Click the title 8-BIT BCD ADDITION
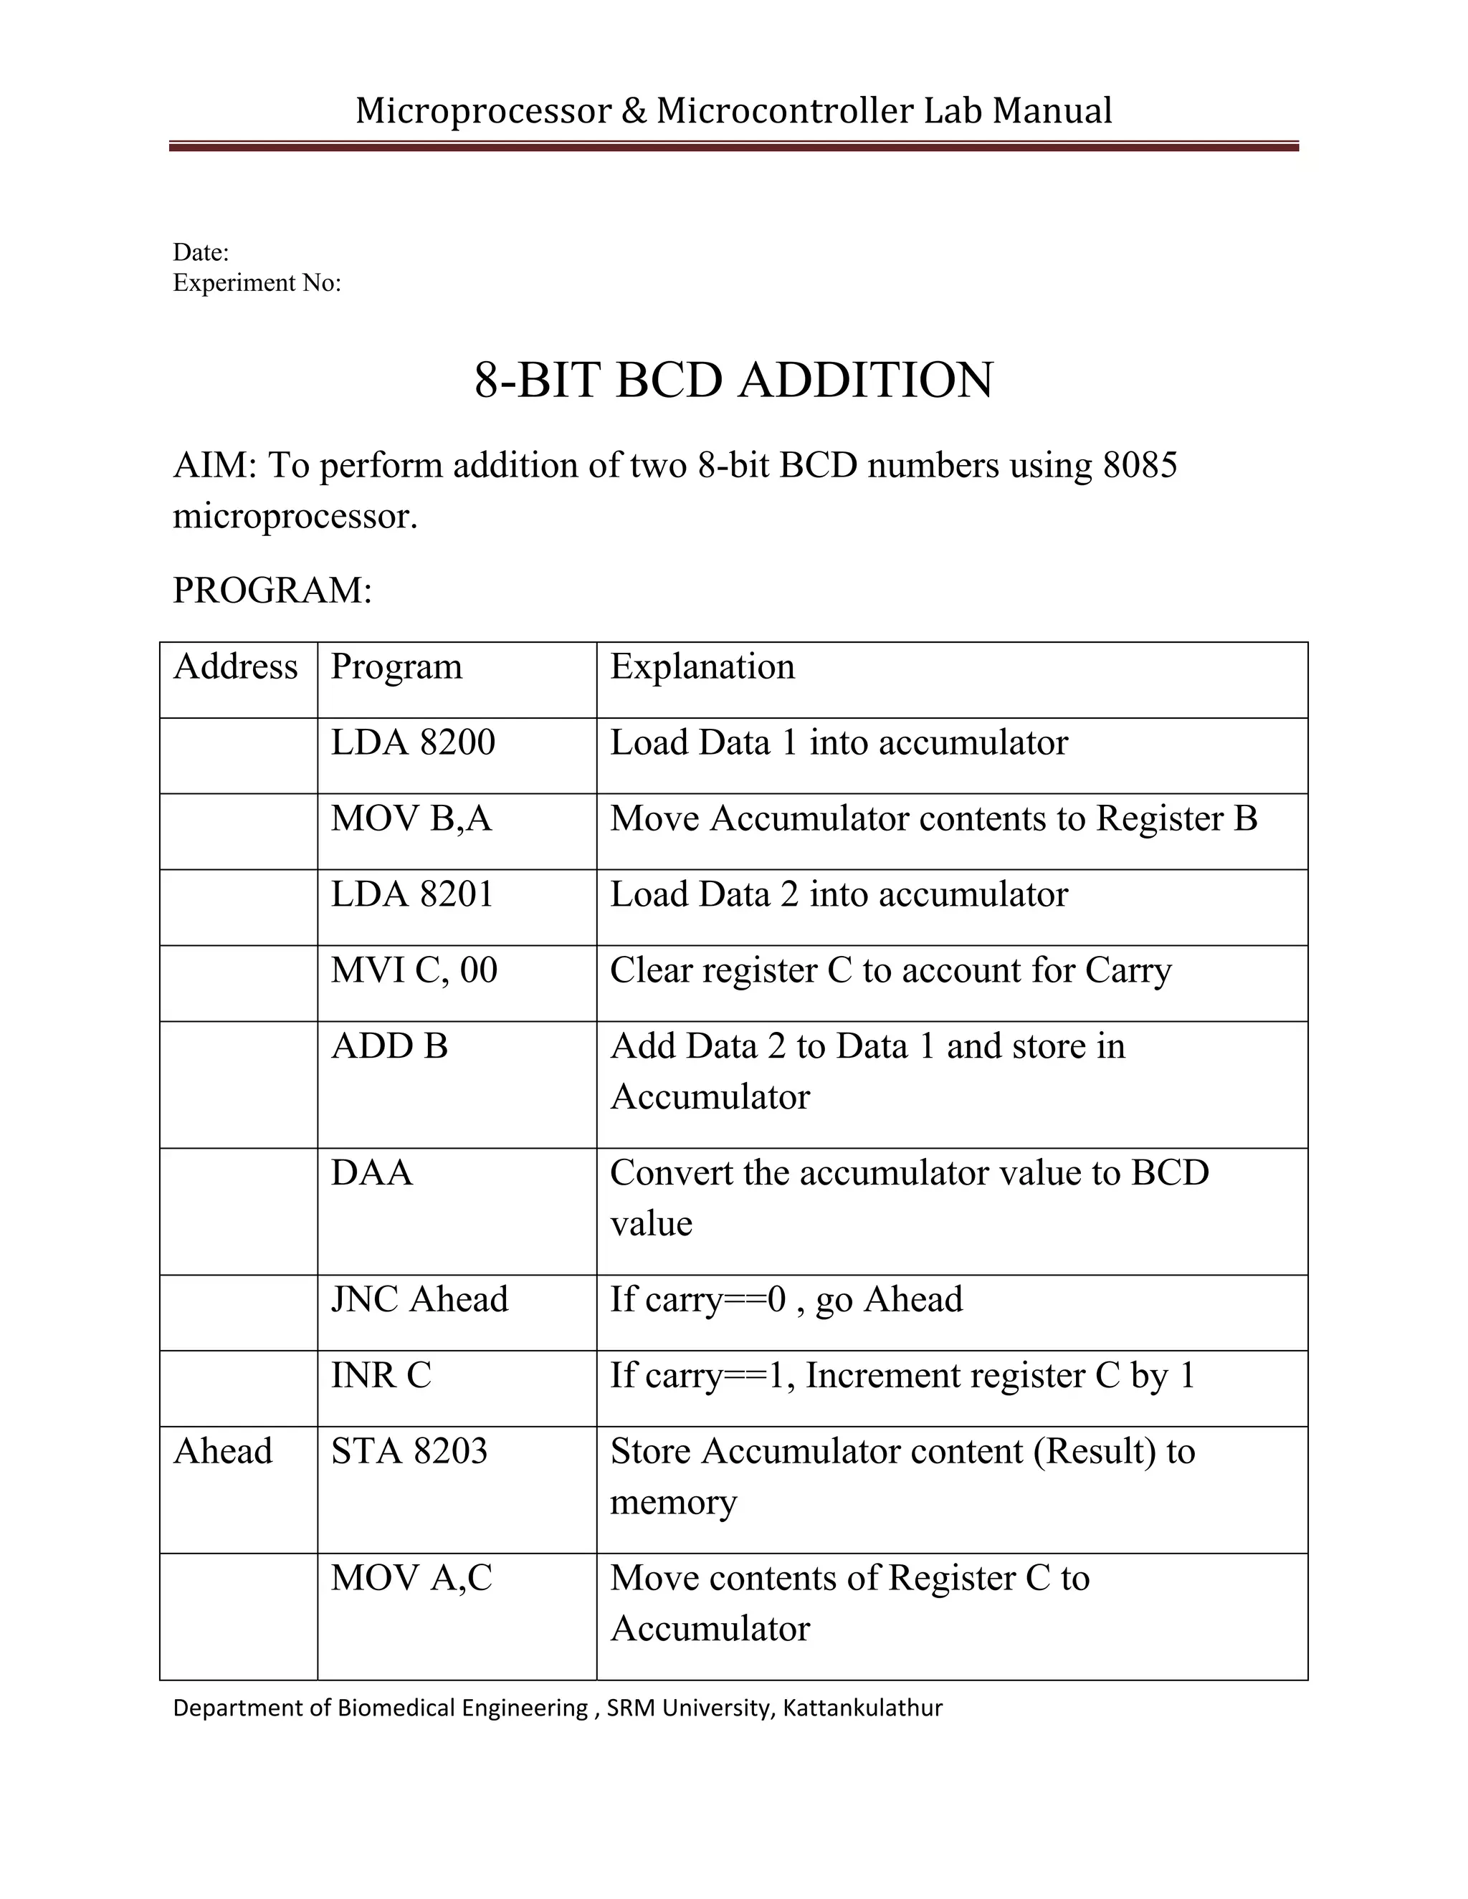pos(733,381)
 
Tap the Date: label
pos(201,253)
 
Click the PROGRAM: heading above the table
pos(272,590)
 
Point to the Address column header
pos(235,668)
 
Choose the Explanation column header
pos(702,668)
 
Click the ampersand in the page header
pos(635,111)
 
